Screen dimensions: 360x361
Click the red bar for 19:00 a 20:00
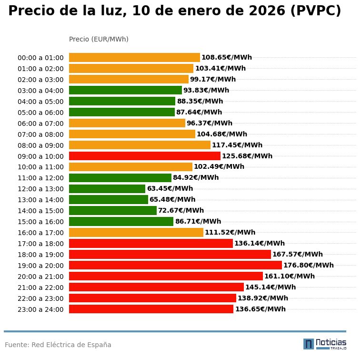[x=175, y=265]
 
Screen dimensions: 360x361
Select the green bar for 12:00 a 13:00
[x=107, y=189]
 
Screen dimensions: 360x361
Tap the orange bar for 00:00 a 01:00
[x=134, y=57]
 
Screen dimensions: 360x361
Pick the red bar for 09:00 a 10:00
[x=145, y=156]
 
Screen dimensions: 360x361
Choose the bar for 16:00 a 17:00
[x=136, y=233]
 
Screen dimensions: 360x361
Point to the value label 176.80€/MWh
[x=308, y=266]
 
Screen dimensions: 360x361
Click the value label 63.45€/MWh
[x=170, y=189]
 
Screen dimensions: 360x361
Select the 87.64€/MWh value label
[x=199, y=113]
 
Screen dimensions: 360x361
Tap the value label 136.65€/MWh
[x=260, y=309]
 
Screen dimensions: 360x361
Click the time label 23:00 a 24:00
[x=40, y=309]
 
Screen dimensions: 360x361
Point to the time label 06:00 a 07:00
[x=40, y=123]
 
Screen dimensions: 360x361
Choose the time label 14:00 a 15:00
[x=40, y=211]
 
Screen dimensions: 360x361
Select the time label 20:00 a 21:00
[x=40, y=277]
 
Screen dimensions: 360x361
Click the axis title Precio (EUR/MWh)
[x=99, y=39]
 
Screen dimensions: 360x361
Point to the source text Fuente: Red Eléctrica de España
[x=58, y=345]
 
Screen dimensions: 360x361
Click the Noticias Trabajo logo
[x=324, y=344]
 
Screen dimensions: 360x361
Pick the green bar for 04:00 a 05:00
[x=122, y=101]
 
